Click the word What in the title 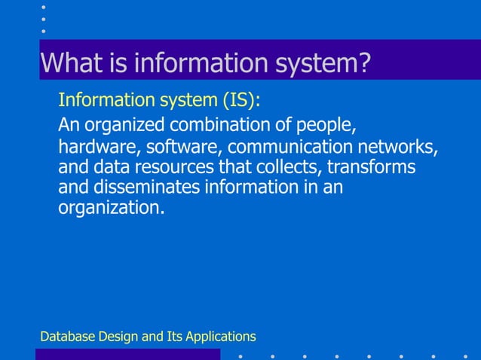67,63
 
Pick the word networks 400,145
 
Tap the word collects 287,166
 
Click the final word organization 110,208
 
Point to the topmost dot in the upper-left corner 44,7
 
